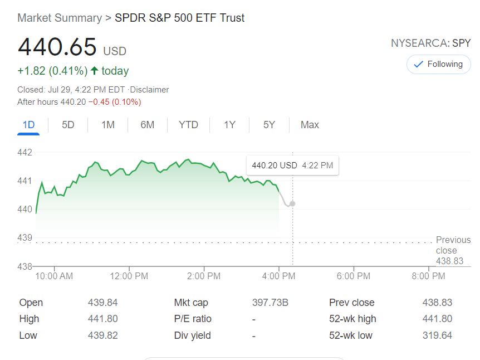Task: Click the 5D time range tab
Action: click(x=68, y=125)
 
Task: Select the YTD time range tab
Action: click(x=188, y=125)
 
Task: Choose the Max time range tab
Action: click(x=310, y=125)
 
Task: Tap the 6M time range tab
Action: click(x=147, y=125)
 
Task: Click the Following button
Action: click(x=438, y=64)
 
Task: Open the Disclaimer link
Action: click(x=149, y=90)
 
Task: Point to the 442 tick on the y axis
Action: click(x=25, y=152)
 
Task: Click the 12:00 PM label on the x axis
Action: click(x=129, y=276)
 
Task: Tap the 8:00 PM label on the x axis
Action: click(x=428, y=276)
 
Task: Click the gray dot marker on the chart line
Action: click(x=292, y=203)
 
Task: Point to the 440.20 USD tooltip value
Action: click(x=275, y=166)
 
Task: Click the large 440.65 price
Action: click(x=57, y=47)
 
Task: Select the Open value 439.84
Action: click(x=102, y=303)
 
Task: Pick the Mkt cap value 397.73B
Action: click(x=270, y=303)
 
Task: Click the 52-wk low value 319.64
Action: click(x=437, y=335)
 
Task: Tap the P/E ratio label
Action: click(x=193, y=319)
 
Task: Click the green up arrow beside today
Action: click(x=94, y=71)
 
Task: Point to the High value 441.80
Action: click(x=102, y=319)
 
